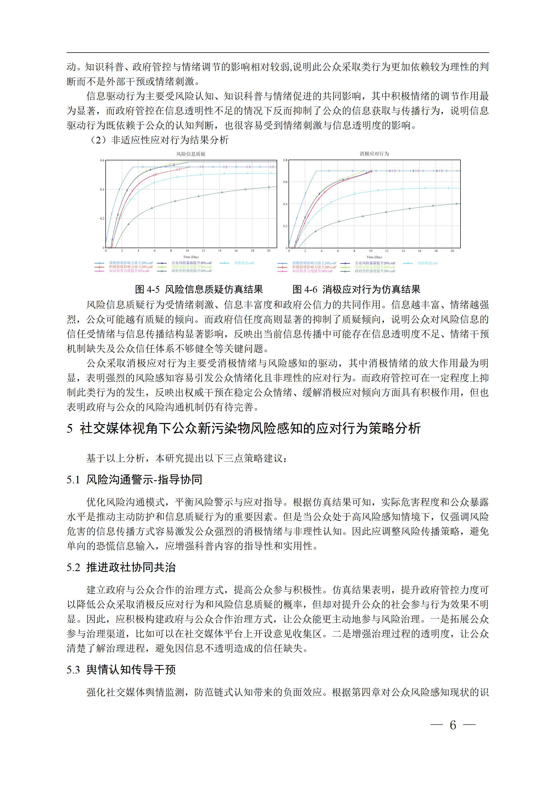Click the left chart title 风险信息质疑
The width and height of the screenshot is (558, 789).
point(190,154)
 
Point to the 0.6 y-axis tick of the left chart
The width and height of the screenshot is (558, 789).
point(102,161)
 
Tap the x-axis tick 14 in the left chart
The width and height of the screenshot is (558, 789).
point(220,251)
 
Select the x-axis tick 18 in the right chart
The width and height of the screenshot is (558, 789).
point(436,251)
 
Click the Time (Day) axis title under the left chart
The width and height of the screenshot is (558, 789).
point(191,257)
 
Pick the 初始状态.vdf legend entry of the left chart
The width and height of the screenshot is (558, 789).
point(244,263)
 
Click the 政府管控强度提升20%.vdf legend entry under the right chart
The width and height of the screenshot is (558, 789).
point(375,271)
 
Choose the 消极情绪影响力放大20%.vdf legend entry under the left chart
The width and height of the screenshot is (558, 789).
point(131,263)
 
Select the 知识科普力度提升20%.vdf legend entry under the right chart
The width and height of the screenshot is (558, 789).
point(312,271)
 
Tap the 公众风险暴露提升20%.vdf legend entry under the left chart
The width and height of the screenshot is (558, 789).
point(192,263)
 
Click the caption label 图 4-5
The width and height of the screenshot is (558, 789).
point(147,289)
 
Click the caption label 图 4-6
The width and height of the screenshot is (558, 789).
point(305,289)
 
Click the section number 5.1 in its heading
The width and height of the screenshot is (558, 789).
point(73,480)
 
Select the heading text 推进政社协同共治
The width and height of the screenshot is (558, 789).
point(131,567)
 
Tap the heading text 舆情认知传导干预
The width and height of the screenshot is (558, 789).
point(131,669)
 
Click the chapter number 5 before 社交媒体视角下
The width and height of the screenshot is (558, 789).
point(70,429)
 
